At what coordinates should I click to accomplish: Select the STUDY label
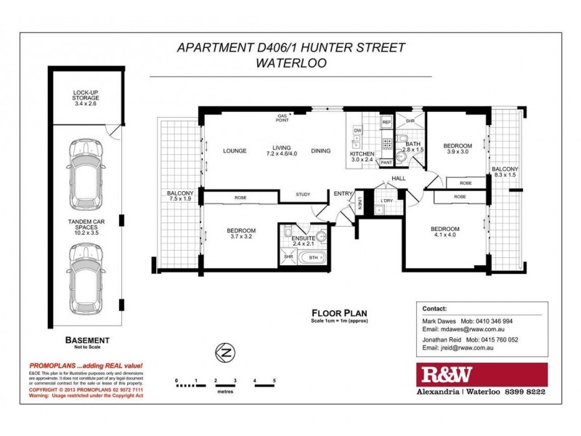point(303,194)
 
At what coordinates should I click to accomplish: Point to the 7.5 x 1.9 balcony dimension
point(179,199)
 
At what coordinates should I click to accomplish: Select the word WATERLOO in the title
point(290,63)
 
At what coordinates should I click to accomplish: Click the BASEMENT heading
point(87,340)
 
